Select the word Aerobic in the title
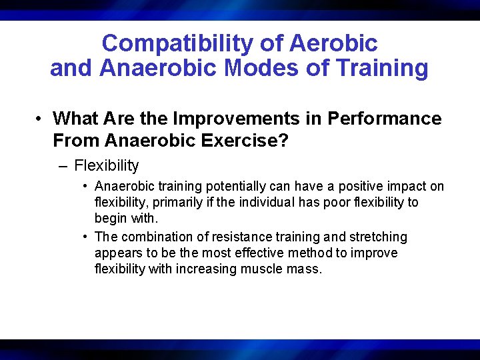pos(333,44)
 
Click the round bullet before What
pos(41,119)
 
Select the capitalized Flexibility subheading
pos(107,165)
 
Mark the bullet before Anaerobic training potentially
pos(86,187)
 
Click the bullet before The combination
pos(86,237)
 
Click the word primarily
pos(173,203)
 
